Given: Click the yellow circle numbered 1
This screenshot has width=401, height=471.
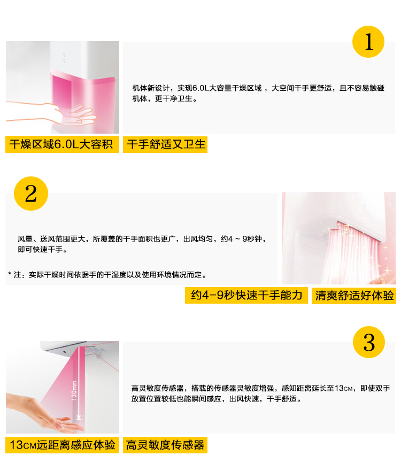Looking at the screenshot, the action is click(x=368, y=42).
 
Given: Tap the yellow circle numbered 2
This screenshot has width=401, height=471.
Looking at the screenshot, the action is click(x=31, y=194).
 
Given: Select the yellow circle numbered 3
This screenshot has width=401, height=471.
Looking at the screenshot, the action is click(x=369, y=342).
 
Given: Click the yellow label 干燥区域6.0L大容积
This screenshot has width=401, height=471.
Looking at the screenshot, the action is click(x=62, y=144).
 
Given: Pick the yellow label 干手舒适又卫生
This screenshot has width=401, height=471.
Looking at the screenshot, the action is click(x=165, y=144).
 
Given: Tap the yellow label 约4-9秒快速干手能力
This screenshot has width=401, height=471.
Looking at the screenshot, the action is click(x=246, y=295).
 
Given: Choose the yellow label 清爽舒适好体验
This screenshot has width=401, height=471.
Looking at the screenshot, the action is click(x=354, y=296).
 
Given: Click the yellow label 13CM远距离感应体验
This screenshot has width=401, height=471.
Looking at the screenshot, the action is click(x=62, y=445).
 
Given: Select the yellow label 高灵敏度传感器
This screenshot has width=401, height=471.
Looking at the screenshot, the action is click(x=165, y=445).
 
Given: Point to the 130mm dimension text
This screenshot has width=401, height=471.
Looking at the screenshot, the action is click(x=74, y=390).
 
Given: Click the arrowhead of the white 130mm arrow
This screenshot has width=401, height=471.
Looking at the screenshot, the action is click(x=79, y=418).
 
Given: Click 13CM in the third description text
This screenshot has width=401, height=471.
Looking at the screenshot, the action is click(x=344, y=388).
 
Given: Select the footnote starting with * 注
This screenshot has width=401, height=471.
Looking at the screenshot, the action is click(x=107, y=275).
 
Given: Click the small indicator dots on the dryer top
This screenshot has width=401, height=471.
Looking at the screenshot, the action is click(x=64, y=58).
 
